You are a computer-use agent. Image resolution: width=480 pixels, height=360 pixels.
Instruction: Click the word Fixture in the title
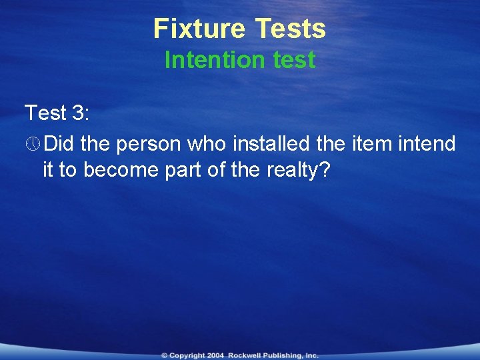tap(199, 29)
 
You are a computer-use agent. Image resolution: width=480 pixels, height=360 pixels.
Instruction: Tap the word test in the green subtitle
tap(294, 60)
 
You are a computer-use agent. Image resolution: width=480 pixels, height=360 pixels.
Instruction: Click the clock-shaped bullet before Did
tap(32, 144)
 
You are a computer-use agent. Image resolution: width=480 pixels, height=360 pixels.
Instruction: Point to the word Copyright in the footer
tap(187, 355)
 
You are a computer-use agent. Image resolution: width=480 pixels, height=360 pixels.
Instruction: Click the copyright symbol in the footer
tap(164, 355)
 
